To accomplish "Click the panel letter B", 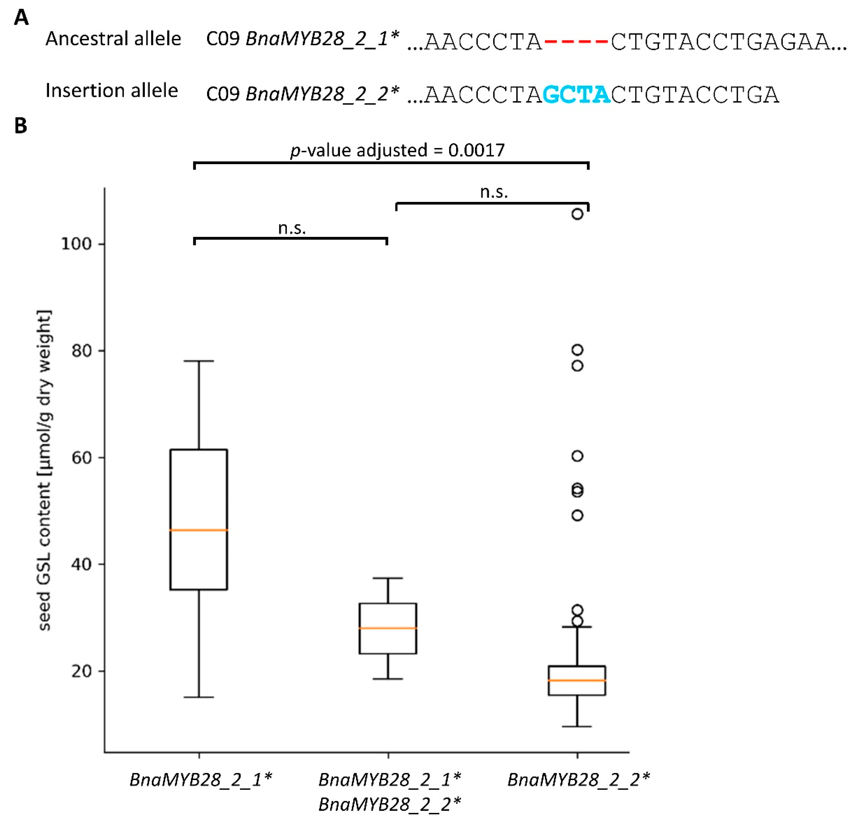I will point(21,126).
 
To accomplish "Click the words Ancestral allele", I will point(113,39).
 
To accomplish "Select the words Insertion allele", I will point(112,90).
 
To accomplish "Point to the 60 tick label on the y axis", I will point(82,457).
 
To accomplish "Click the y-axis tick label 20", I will point(82,671).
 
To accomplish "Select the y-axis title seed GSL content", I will point(44,470).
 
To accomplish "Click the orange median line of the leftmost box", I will point(199,530).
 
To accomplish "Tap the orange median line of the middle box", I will point(388,628).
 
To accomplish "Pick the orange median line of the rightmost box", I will point(577,680).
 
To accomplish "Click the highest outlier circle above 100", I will point(577,214).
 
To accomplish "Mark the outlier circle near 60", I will point(577,456).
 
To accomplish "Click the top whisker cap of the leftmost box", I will point(199,361).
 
